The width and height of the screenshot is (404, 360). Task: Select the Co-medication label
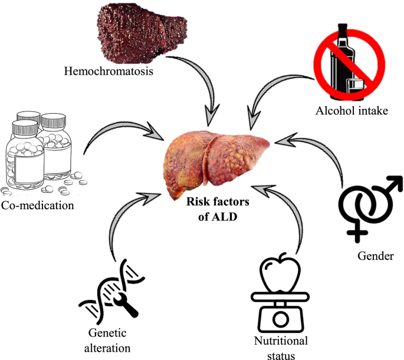[x=38, y=206]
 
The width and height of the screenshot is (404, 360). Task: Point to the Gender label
[x=376, y=256]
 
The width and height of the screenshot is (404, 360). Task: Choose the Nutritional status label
[x=281, y=348]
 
